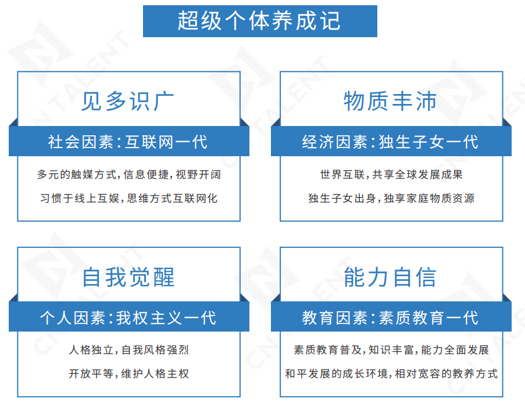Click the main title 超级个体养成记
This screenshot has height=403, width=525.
(259, 21)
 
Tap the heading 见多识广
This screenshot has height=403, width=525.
(128, 100)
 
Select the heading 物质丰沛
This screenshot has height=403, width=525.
(390, 100)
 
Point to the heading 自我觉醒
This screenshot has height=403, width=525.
(128, 276)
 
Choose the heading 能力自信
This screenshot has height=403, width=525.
(390, 276)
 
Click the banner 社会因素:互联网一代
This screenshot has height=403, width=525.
(128, 142)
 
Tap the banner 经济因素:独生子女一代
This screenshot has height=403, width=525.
(390, 142)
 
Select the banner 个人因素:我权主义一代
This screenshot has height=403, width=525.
(128, 318)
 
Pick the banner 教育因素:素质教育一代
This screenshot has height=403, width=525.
(390, 318)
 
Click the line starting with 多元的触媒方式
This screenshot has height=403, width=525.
(129, 174)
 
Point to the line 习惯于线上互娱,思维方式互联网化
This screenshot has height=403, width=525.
(129, 198)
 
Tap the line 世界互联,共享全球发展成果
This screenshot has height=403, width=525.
(391, 174)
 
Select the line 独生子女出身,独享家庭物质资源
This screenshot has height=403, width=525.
(391, 198)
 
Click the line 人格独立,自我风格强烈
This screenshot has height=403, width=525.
(129, 350)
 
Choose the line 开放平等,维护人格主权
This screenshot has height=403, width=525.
(129, 373)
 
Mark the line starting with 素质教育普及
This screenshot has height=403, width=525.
(391, 350)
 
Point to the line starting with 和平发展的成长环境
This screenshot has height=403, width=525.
(391, 373)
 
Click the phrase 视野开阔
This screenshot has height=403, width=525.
(198, 174)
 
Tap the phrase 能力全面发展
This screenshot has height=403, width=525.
(455, 350)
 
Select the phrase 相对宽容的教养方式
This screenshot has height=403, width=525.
(447, 373)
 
